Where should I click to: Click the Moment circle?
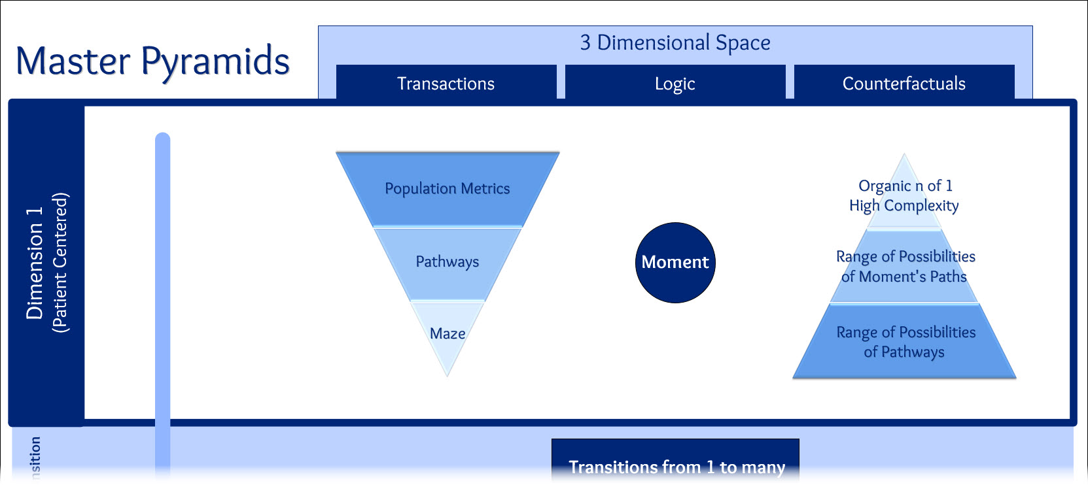click(675, 263)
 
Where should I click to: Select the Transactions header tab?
click(446, 84)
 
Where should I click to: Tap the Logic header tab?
click(675, 84)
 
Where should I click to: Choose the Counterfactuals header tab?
click(904, 84)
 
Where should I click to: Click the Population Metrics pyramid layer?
click(447, 189)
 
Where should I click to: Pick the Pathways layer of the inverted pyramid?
click(447, 262)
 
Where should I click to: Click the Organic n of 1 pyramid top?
click(904, 195)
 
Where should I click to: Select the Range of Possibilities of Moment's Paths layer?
click(904, 266)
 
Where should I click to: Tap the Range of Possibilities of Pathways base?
click(905, 342)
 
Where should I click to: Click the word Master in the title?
click(73, 61)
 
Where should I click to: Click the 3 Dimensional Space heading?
click(675, 42)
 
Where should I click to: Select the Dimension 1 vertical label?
click(34, 263)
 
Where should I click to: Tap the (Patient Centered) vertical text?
click(60, 263)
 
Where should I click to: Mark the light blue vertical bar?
click(162, 294)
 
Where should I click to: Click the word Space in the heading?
click(743, 43)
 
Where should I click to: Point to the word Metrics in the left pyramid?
click(485, 189)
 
